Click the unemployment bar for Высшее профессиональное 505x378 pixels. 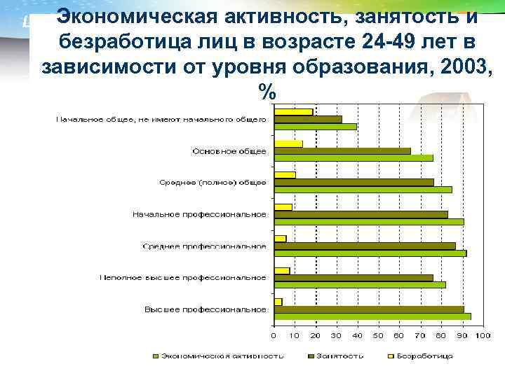(x=278, y=302)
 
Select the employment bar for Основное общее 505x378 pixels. (x=342, y=150)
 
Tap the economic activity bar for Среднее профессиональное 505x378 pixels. (x=370, y=253)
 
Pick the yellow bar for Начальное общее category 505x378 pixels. (x=293, y=112)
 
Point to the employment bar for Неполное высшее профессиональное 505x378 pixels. (x=353, y=277)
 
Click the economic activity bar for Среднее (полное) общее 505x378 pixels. (x=363, y=190)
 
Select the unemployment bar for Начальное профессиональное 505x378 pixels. (x=283, y=206)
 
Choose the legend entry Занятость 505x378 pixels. (x=339, y=356)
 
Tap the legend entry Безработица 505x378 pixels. (x=424, y=356)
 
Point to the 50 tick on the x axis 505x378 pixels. (x=378, y=336)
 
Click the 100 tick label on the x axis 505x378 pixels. (x=482, y=336)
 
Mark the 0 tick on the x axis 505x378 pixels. (x=274, y=336)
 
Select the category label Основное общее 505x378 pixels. (x=229, y=151)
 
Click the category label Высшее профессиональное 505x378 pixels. (x=206, y=309)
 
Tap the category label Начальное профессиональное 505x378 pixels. (x=200, y=214)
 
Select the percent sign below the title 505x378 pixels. (x=267, y=91)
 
